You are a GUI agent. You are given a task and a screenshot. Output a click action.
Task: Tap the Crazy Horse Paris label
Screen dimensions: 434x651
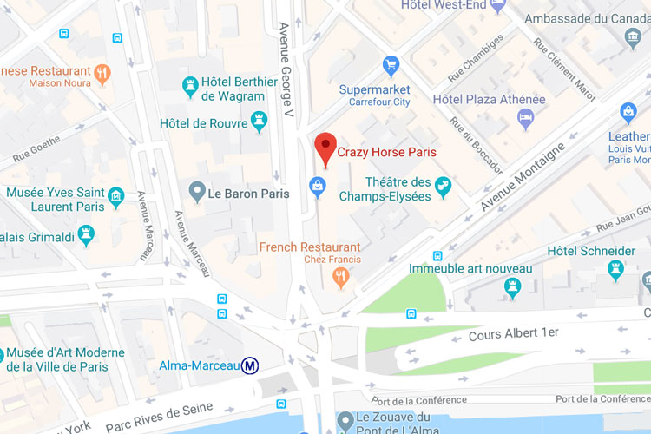tap(386, 152)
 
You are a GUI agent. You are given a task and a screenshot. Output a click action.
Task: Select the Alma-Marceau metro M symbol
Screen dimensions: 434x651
tap(250, 365)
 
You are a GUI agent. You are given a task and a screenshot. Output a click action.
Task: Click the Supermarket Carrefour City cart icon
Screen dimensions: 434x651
tap(391, 65)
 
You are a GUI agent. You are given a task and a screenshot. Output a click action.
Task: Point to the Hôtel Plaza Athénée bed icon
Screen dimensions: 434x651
tap(525, 117)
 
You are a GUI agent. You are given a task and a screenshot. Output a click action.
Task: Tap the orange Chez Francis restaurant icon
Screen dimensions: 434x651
tap(341, 277)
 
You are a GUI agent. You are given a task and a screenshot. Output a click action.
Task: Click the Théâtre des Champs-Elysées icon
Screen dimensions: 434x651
tap(444, 184)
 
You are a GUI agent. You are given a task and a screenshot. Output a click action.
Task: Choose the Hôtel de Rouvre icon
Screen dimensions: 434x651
tap(259, 122)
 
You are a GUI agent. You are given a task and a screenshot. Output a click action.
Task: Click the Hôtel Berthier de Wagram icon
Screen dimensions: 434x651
tap(190, 85)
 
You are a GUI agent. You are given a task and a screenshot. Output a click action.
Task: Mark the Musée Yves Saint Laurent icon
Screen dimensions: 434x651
tap(115, 198)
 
